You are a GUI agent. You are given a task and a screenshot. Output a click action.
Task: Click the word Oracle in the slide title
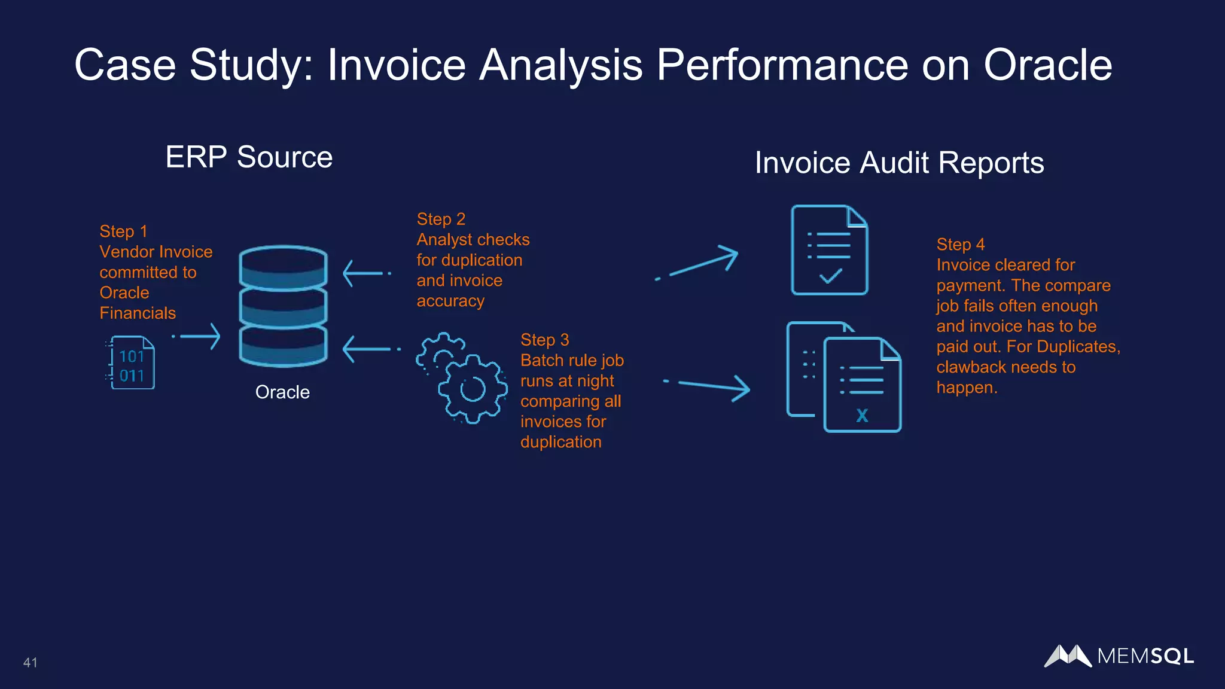(1047, 65)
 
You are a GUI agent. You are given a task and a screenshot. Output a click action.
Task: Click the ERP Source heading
(249, 157)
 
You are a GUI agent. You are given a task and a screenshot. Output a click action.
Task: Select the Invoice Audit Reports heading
(899, 163)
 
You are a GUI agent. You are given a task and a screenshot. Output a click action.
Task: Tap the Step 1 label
(123, 231)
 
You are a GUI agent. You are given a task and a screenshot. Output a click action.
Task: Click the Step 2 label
(441, 219)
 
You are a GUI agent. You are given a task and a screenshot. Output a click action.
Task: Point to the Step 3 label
(544, 340)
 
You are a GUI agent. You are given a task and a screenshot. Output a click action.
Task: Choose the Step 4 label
(960, 245)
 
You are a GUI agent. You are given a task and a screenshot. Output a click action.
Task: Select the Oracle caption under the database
(282, 392)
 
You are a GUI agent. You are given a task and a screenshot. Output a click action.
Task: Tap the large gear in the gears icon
(473, 389)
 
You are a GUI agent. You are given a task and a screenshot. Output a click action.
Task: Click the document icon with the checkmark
(829, 250)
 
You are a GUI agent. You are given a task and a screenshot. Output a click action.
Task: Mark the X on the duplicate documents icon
(862, 415)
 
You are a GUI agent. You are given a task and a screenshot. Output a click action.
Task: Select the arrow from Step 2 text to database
(365, 273)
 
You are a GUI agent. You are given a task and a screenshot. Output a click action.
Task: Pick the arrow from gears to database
(368, 349)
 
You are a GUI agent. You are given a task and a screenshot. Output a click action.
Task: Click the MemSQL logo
(1119, 656)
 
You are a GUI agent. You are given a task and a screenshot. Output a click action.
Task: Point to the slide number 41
(31, 663)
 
